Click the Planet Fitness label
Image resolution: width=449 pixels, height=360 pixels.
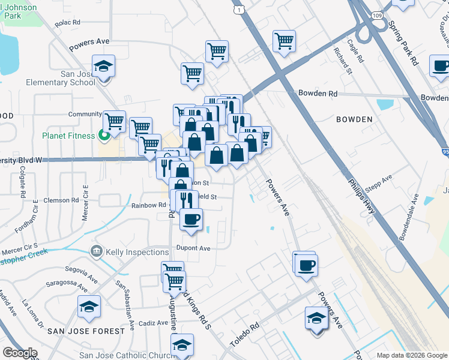[69, 136]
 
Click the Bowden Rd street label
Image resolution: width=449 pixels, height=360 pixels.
[318, 94]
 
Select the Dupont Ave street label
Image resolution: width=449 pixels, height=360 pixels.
[193, 248]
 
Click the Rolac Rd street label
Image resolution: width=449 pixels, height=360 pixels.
[67, 23]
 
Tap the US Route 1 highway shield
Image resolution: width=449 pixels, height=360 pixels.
[240, 10]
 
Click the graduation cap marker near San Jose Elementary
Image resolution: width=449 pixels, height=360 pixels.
[104, 66]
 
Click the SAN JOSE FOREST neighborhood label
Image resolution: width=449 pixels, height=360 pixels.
[86, 331]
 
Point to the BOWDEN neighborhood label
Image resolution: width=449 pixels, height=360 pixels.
[354, 119]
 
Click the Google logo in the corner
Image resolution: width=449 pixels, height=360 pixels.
[20, 353]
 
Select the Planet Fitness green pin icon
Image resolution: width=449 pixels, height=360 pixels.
[104, 136]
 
